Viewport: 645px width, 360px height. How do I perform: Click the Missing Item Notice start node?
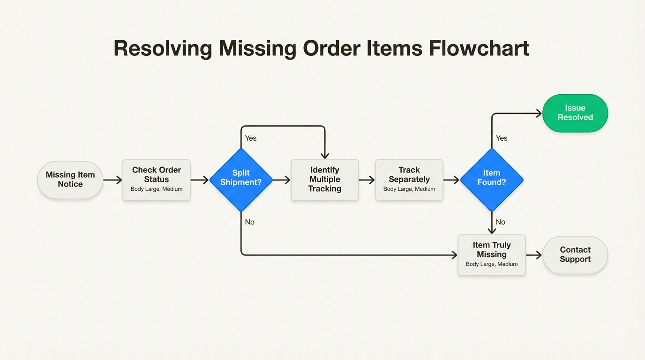point(70,180)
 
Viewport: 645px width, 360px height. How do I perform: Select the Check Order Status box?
point(157,180)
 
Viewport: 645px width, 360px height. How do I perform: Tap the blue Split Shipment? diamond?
point(240,180)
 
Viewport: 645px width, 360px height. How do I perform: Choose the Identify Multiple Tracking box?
point(325,180)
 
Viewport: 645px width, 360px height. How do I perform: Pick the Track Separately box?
point(409,180)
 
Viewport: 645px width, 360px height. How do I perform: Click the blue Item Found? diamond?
point(492,180)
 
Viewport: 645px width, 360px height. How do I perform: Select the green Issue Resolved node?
point(575,113)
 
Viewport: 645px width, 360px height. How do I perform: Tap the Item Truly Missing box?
point(492,255)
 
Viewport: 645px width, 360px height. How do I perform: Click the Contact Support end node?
point(575,255)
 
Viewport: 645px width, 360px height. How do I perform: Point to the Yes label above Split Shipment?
point(251,138)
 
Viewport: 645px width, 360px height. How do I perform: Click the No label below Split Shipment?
point(250,222)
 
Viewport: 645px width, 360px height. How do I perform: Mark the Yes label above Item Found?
point(502,138)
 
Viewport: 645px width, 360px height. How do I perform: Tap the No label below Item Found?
point(501,222)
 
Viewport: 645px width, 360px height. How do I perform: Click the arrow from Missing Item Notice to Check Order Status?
point(112,180)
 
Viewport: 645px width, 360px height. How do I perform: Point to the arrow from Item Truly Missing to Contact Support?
point(534,255)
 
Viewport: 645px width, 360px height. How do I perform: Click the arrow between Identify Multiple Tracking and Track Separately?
point(367,180)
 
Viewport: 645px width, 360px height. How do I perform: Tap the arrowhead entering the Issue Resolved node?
point(538,113)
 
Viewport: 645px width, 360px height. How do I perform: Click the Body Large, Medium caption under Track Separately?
point(409,189)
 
